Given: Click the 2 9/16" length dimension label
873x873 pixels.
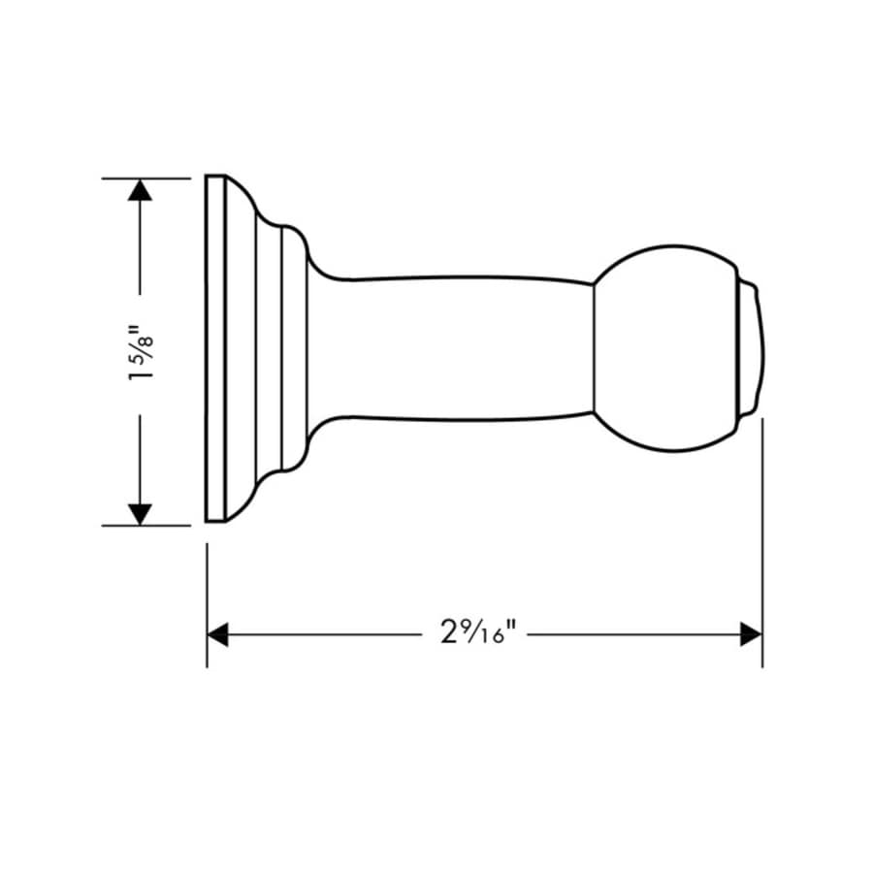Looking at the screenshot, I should point(475,634).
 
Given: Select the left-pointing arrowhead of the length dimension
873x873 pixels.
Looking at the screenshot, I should point(218,634).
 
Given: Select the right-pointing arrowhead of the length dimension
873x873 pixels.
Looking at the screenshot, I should point(750,634).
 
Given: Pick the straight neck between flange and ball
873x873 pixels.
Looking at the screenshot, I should point(456,349).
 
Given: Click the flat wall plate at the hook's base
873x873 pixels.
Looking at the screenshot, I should point(215,349).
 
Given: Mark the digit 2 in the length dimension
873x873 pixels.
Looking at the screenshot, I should point(447,634).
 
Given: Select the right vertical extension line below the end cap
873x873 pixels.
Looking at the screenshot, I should point(761,543).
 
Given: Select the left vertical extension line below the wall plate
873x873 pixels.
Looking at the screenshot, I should point(208,601).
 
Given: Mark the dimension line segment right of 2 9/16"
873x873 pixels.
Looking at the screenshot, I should point(630,634).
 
